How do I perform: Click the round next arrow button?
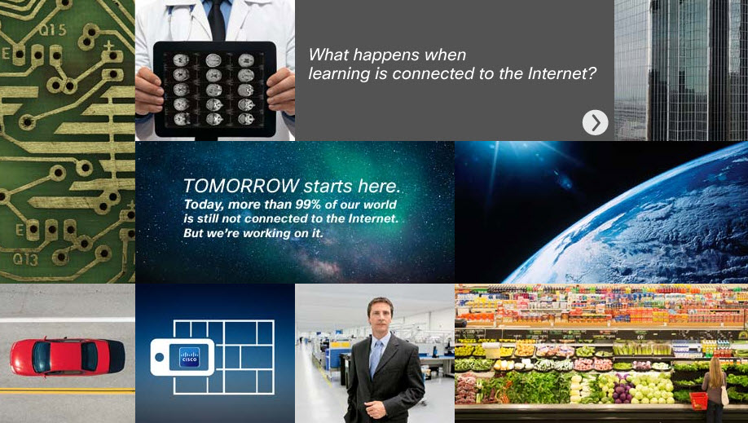point(596,123)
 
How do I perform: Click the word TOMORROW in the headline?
point(241,186)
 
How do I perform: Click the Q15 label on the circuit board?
point(52,30)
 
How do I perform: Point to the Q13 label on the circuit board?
point(25,259)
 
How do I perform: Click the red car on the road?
point(68,357)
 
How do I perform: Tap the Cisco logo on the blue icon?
point(189,357)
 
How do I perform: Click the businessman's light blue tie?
point(376,358)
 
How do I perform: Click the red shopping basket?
point(699,400)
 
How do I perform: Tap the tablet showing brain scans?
point(214,90)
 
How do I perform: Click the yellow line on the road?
point(68,390)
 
